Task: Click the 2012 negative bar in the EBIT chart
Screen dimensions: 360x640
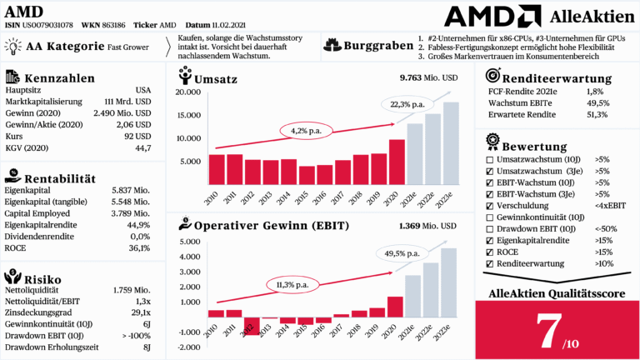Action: pos(252,326)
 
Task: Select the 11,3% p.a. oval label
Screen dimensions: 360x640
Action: pos(290,285)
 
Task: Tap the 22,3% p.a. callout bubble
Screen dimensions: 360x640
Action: pos(406,104)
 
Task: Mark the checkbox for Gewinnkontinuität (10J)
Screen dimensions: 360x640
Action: pos(490,217)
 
